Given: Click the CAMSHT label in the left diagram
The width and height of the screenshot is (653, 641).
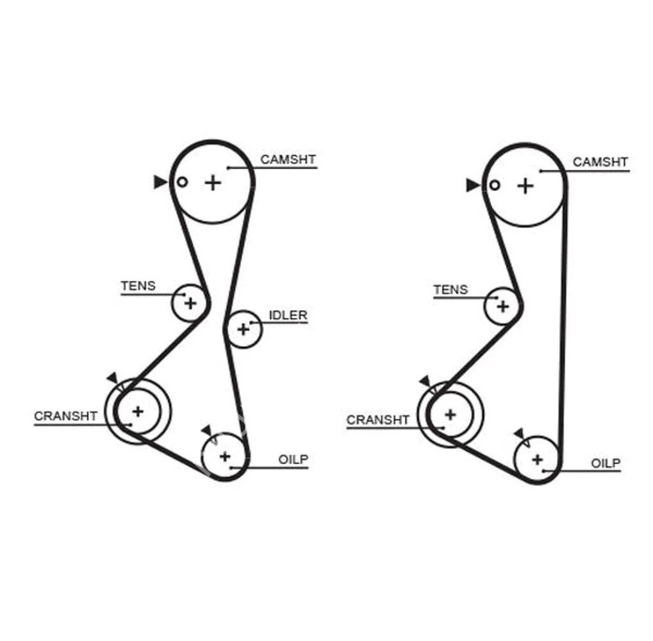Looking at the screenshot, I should click(x=288, y=160).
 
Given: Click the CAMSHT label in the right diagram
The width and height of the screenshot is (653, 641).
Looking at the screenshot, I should click(x=600, y=162).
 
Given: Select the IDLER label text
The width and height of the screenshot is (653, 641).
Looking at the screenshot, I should click(x=288, y=315).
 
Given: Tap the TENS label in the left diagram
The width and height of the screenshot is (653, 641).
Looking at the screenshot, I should click(x=138, y=286).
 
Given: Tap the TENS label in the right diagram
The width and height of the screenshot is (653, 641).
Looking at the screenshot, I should click(x=450, y=290).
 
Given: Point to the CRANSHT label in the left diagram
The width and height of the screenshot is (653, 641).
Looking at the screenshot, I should click(x=66, y=416).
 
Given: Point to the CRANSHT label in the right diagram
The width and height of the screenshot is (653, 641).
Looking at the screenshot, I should click(x=377, y=420).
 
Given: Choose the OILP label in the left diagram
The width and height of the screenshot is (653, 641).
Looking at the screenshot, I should click(x=293, y=459).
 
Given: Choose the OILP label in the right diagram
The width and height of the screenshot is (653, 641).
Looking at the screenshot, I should click(x=606, y=463).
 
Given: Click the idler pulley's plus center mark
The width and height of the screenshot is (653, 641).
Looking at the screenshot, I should click(x=243, y=329).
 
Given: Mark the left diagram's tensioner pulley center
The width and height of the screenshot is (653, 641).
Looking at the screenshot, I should click(x=190, y=303).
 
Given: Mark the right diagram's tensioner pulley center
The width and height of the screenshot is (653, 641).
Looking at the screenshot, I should click(x=502, y=306).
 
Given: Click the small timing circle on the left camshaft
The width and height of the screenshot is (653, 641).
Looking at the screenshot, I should click(x=182, y=182).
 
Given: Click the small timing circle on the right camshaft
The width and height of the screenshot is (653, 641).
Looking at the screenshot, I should click(x=494, y=186).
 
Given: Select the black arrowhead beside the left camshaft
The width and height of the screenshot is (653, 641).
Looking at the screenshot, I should click(x=160, y=182).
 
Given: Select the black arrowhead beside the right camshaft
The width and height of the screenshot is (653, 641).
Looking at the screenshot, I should click(x=473, y=186).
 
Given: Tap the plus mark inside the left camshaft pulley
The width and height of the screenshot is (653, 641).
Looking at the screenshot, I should click(x=213, y=183).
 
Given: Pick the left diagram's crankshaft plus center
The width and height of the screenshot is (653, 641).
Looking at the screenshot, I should click(x=138, y=411).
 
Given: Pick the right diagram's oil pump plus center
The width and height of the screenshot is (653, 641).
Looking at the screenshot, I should click(x=537, y=460).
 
